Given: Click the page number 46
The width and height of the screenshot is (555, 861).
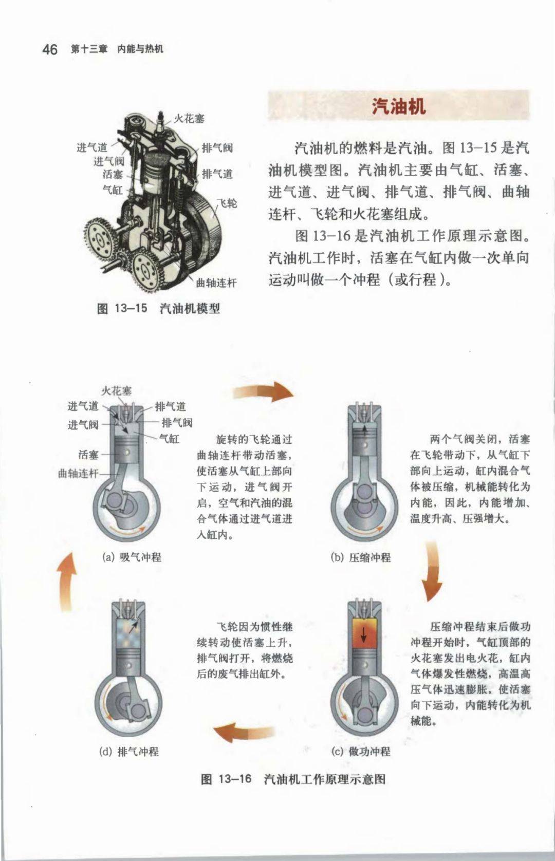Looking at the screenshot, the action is pos(50,50).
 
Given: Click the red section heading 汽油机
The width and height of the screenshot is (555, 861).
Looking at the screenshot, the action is pos(399,106).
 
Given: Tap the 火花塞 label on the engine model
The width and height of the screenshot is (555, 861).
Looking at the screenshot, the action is pos(189,118).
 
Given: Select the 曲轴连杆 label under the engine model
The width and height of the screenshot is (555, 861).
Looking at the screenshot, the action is pos(216,283).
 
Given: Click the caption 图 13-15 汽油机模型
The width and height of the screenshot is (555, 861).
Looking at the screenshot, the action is pos(158,308).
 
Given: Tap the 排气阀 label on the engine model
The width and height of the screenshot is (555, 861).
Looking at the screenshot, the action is pos(217,148).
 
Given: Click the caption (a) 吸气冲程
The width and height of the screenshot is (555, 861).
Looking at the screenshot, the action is pos(132,557).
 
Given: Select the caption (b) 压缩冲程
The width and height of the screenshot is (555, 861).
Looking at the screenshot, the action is pos(361,557).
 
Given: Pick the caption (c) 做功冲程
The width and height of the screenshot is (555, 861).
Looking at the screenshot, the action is pos(361,752).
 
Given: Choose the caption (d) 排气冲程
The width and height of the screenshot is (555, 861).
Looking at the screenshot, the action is pos(129,752).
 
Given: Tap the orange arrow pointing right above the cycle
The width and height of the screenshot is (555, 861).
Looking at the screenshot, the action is pos(263,392).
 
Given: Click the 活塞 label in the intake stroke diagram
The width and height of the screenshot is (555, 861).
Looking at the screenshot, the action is pos(88,455).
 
